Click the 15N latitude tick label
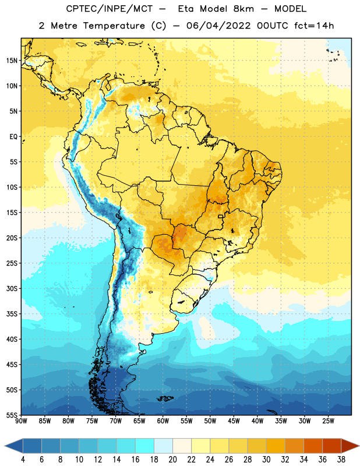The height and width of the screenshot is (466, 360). click(x=12, y=61)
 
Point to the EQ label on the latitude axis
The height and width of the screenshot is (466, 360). click(x=14, y=137)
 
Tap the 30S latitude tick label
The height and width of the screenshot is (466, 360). click(x=12, y=288)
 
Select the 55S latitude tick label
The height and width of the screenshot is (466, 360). click(x=12, y=415)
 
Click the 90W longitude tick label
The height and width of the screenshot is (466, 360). click(x=21, y=421)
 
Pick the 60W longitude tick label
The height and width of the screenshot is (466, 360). click(x=163, y=421)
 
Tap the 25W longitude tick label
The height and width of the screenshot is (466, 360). click(x=328, y=421)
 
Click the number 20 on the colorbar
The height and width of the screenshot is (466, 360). click(x=172, y=460)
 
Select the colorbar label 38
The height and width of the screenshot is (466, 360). click(x=341, y=460)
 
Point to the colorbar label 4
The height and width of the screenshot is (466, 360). click(x=23, y=460)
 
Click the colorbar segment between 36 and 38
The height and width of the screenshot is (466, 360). click(x=332, y=446)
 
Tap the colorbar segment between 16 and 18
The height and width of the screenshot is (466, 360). click(x=145, y=446)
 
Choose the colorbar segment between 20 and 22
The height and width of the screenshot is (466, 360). click(x=182, y=446)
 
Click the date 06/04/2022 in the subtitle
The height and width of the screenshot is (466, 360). click(x=218, y=26)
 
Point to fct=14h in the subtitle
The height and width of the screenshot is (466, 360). click(x=314, y=26)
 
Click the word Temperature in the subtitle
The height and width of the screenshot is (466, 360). click(x=114, y=26)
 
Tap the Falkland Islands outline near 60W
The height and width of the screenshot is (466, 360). click(x=165, y=398)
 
